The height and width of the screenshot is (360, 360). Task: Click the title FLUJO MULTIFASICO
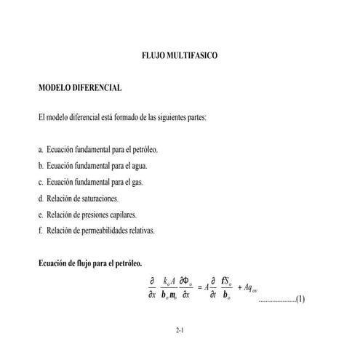click(179, 55)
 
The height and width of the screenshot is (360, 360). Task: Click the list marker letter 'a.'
click(41, 149)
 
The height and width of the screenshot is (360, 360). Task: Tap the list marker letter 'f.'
click(40, 231)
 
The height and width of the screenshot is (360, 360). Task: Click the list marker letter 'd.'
click(41, 199)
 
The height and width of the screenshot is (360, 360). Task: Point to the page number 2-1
click(180, 331)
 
